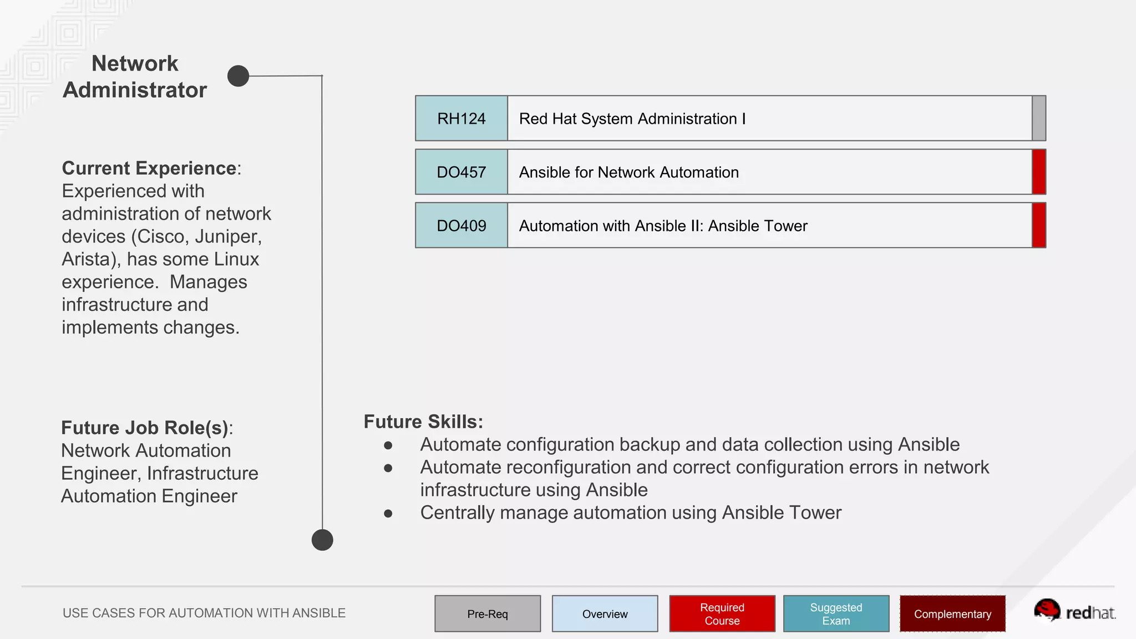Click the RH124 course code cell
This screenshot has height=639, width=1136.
coord(461,118)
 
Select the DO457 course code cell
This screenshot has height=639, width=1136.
coord(461,172)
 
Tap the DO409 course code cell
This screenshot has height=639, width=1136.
coord(461,226)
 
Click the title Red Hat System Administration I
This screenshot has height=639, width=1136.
coord(632,119)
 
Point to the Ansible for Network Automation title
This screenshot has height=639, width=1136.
coord(628,173)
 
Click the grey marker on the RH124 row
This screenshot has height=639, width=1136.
coord(1039,118)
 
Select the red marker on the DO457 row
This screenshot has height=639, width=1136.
coord(1039,172)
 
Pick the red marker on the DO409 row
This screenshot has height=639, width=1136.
coord(1039,226)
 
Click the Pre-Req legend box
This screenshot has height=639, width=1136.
coord(488,613)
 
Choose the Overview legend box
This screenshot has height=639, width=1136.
coord(605,613)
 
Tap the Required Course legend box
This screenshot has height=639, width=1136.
coord(722,613)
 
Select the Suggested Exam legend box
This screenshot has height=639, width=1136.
coord(836,613)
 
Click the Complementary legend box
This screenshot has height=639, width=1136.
coord(952,613)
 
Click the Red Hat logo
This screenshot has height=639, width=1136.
coord(1074,611)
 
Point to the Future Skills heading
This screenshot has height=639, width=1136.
coord(423,422)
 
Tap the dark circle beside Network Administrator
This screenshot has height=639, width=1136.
coord(239,76)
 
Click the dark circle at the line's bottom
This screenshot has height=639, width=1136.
coord(322,540)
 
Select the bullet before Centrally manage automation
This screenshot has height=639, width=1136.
coord(388,514)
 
